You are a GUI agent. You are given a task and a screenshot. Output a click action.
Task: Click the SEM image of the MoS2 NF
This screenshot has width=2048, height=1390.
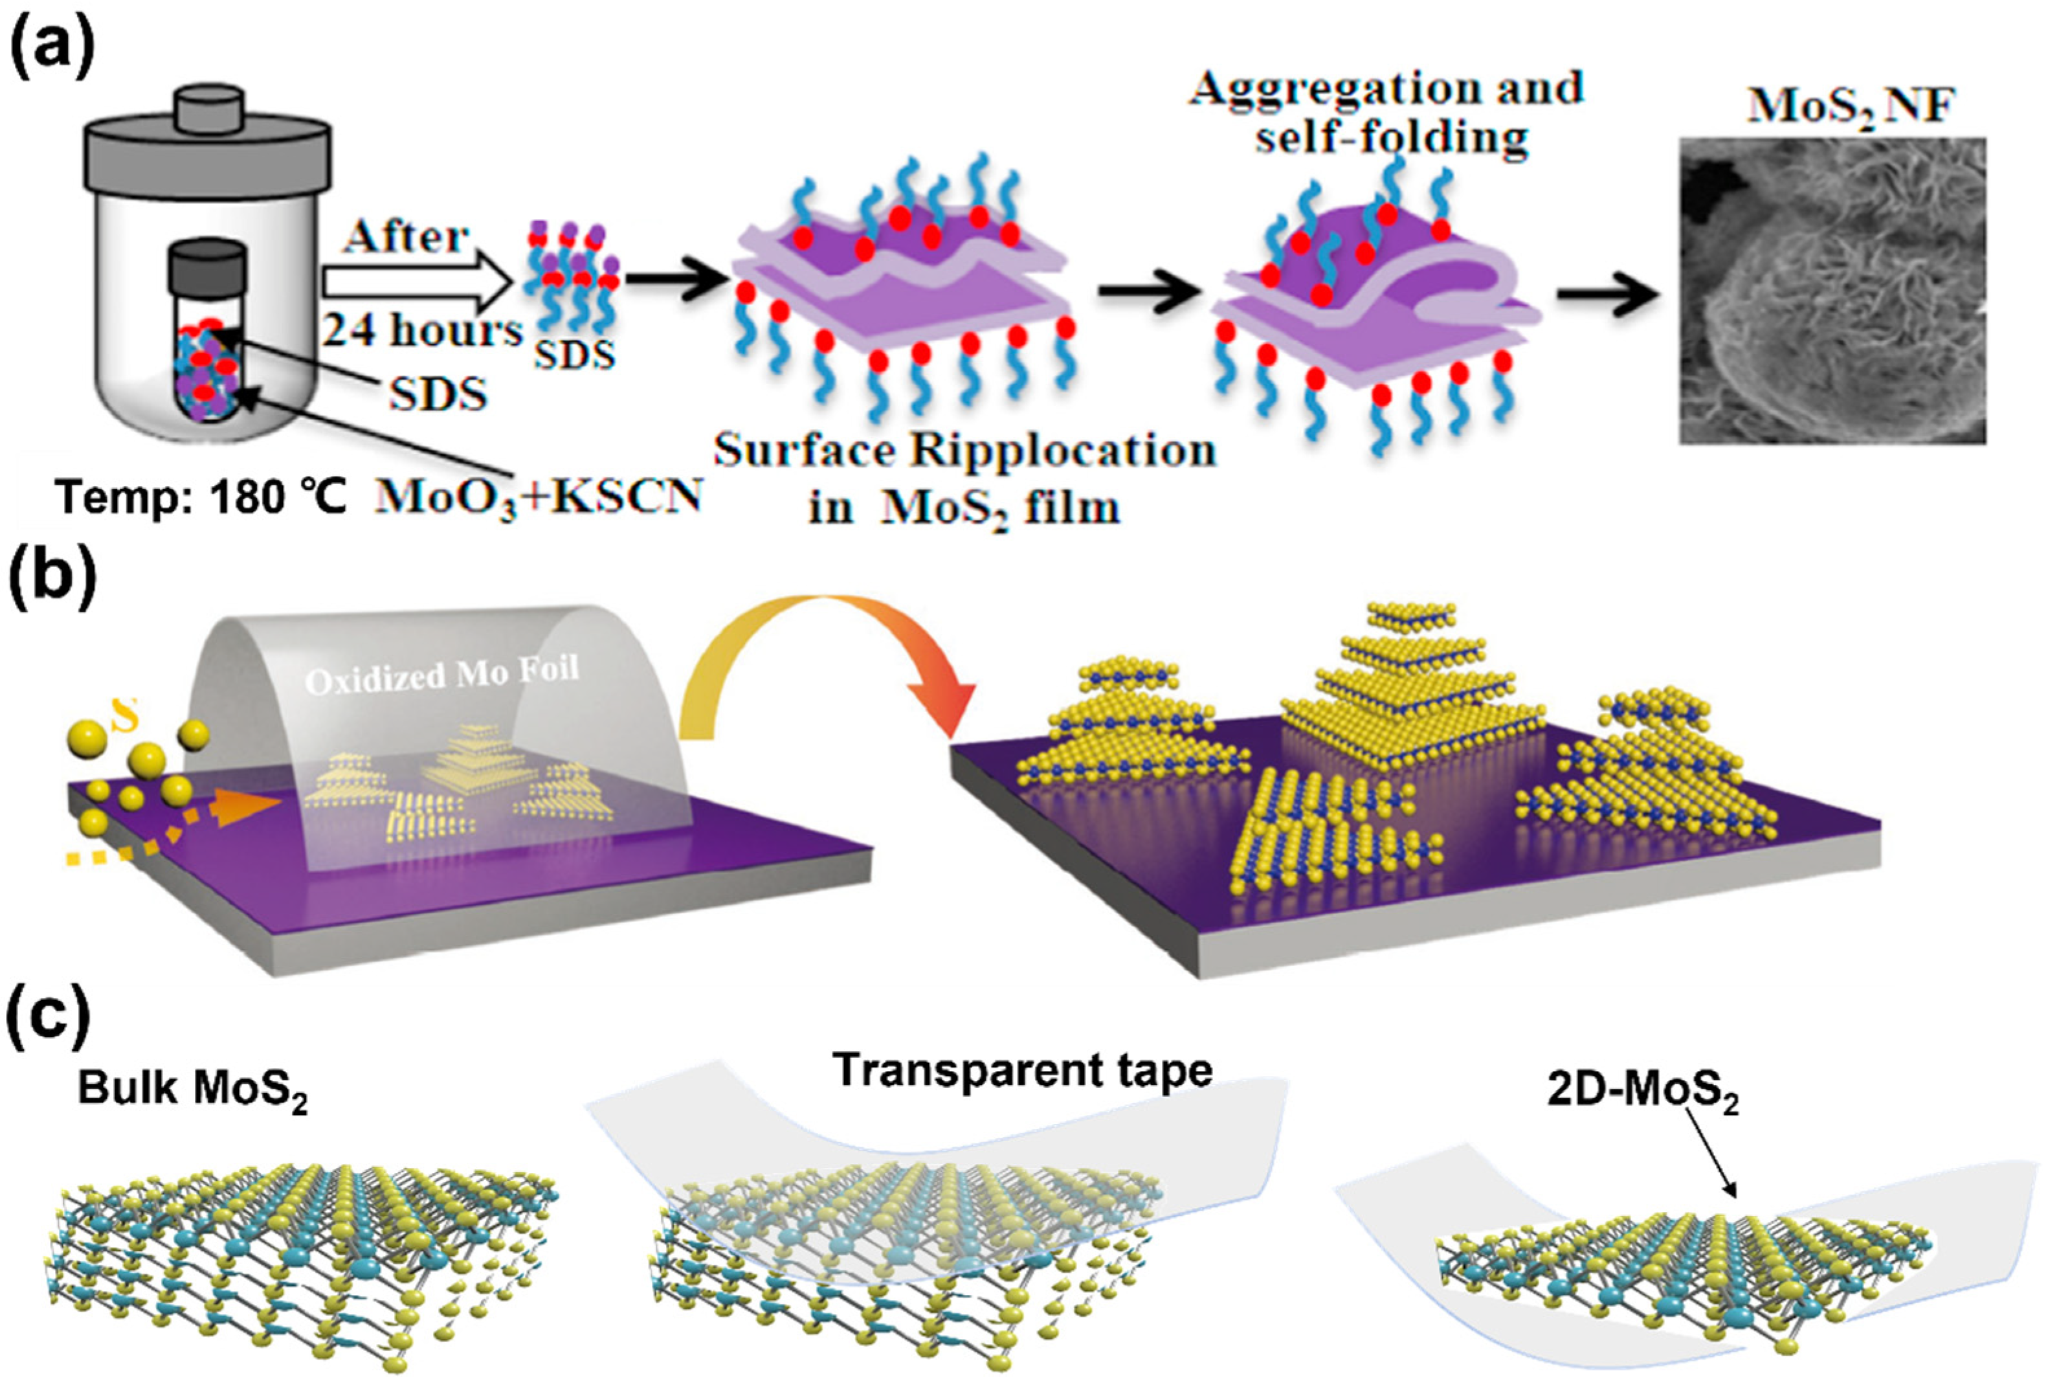point(1833,291)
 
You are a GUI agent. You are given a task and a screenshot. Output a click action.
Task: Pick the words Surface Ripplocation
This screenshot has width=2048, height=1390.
point(965,451)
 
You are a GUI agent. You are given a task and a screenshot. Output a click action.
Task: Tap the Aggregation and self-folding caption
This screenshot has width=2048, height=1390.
point(1388,113)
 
